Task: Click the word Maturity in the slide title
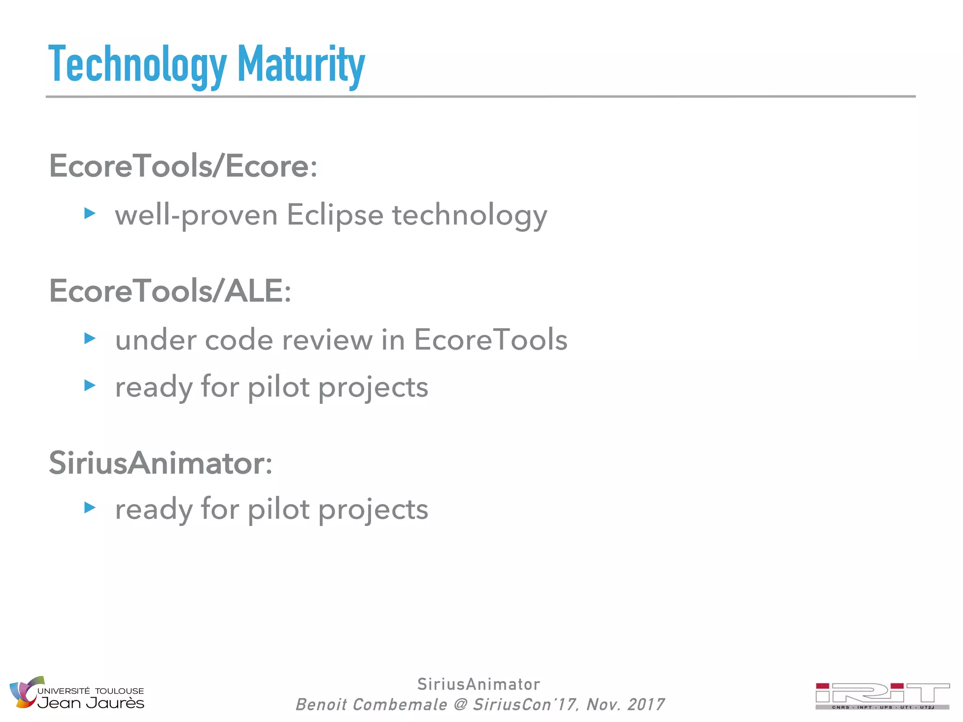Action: coord(301,65)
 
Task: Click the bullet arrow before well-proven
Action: coord(90,214)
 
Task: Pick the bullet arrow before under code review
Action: coord(90,338)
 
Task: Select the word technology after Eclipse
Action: coord(470,216)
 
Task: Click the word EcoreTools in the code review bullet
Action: coord(490,340)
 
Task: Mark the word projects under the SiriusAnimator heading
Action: coord(373,510)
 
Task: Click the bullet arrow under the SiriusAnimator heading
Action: coord(90,508)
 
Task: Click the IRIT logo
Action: coord(882,696)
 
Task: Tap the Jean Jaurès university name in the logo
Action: coord(91,703)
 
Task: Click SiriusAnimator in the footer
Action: coord(479,684)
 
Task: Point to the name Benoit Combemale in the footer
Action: coord(371,705)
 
